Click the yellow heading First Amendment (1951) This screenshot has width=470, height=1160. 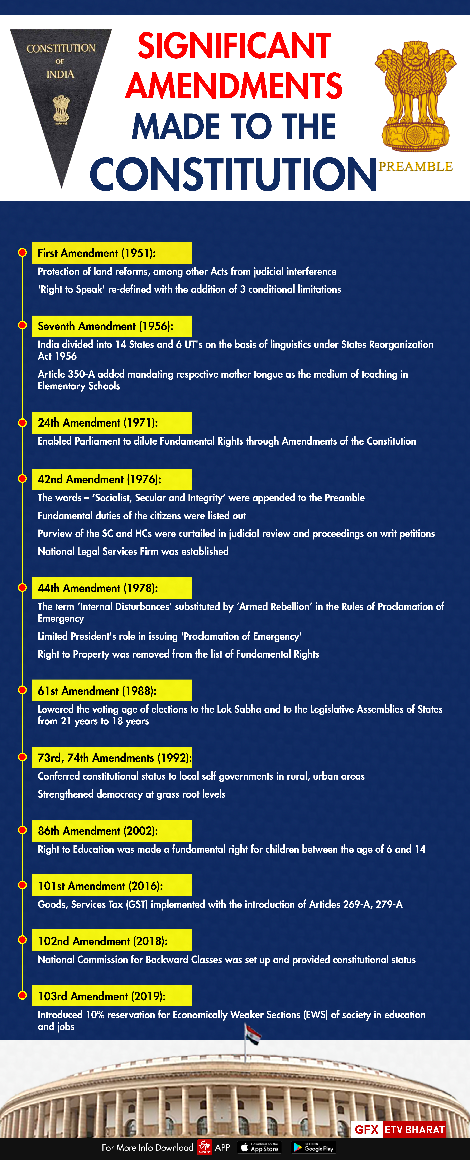coord(111,253)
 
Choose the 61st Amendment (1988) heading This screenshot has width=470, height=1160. coord(111,691)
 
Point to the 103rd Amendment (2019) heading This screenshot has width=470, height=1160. coord(111,996)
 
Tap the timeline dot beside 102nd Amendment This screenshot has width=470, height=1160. coord(22,940)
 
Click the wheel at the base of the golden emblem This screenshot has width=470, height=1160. coord(415,134)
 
